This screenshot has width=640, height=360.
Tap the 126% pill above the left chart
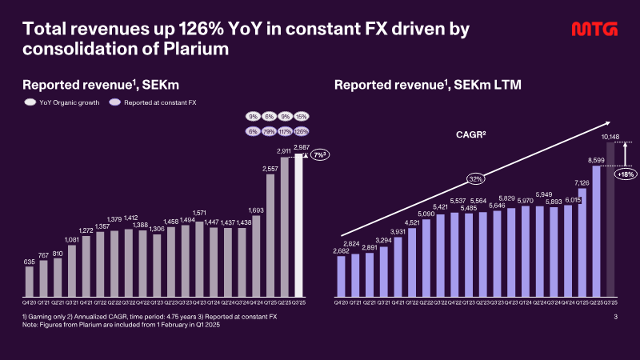click(x=301, y=131)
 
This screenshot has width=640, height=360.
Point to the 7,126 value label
click(x=582, y=182)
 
